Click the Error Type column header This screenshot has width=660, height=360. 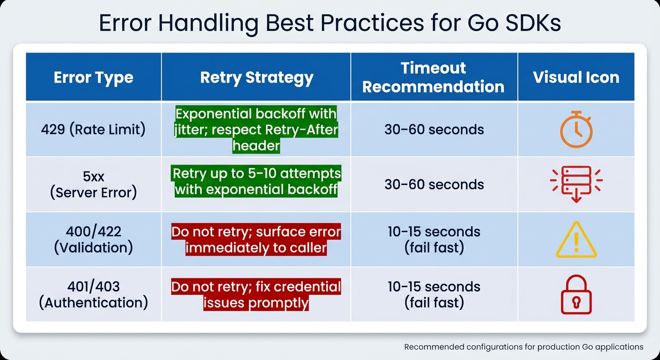tap(93, 77)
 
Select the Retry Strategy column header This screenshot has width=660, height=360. tap(256, 77)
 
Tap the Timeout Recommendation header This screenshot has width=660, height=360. tap(434, 77)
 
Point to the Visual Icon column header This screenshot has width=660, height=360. tap(576, 77)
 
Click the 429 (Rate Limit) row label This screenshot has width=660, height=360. tap(93, 129)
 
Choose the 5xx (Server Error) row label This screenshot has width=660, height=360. tap(93, 184)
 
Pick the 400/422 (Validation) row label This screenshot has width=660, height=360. tap(93, 239)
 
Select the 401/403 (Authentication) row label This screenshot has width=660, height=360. tap(93, 294)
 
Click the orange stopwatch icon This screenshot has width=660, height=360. tap(576, 130)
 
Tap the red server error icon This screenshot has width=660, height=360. tap(576, 184)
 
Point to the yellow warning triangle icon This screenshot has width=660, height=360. tap(576, 240)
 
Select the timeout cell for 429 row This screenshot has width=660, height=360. tap(434, 129)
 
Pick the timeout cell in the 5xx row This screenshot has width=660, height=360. tap(434, 184)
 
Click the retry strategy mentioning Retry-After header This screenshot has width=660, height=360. tap(256, 129)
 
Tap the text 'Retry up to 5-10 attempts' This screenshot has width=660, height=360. tap(256, 174)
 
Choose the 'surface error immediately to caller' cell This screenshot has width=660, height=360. tap(256, 240)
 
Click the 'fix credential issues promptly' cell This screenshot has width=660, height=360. tap(256, 294)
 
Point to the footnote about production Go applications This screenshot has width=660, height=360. tap(523, 347)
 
